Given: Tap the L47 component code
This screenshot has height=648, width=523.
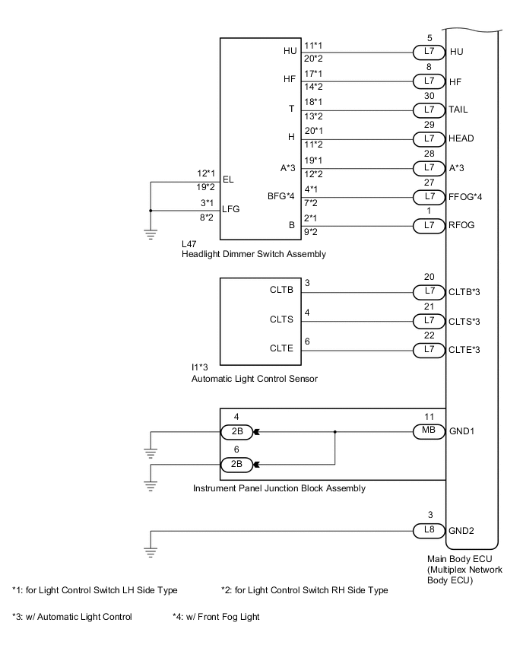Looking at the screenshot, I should point(190,244).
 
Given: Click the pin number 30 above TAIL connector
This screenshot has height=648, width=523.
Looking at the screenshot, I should point(429,96).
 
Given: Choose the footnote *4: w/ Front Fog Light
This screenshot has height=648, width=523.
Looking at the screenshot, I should point(216,617).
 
